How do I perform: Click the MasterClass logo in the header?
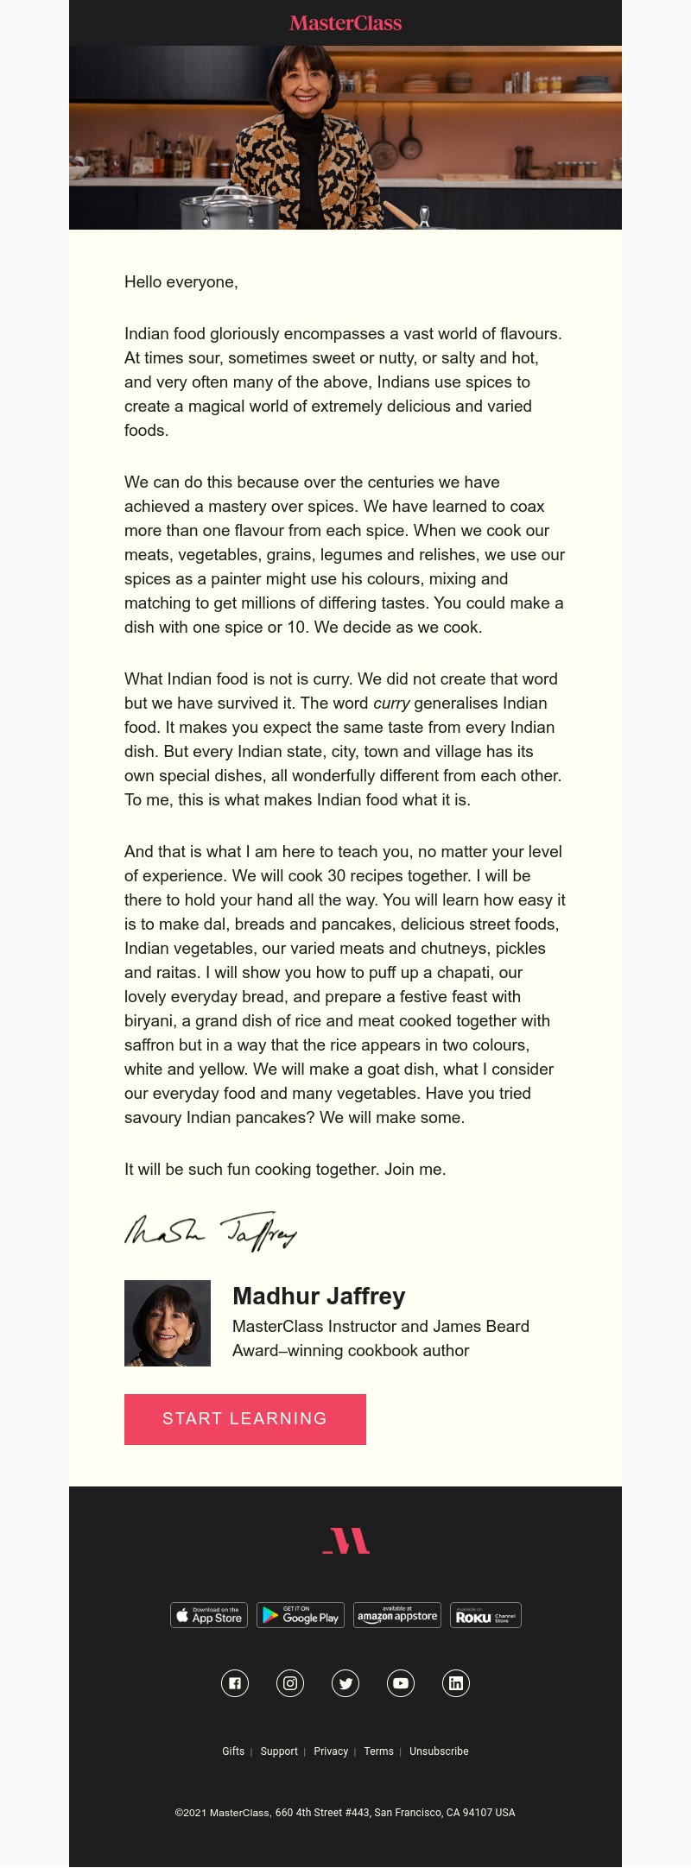tap(345, 23)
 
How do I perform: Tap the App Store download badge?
tap(209, 1615)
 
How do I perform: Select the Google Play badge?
tap(301, 1615)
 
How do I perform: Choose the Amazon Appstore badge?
tap(397, 1615)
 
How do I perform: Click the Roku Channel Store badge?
tap(485, 1615)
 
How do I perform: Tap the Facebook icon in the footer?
tap(235, 1683)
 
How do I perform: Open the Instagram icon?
tap(290, 1683)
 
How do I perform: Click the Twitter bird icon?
tap(345, 1683)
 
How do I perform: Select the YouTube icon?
tap(401, 1683)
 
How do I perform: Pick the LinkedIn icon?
tap(456, 1683)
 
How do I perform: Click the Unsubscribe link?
tap(439, 1751)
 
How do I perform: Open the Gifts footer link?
tap(233, 1751)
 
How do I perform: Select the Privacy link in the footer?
tap(331, 1751)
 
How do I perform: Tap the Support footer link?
tap(279, 1751)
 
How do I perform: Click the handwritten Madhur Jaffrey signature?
tap(211, 1231)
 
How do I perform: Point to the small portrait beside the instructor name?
tap(168, 1323)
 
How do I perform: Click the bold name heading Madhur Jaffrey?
tap(319, 1297)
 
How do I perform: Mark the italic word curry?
tap(391, 704)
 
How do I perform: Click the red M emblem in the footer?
tap(346, 1541)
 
